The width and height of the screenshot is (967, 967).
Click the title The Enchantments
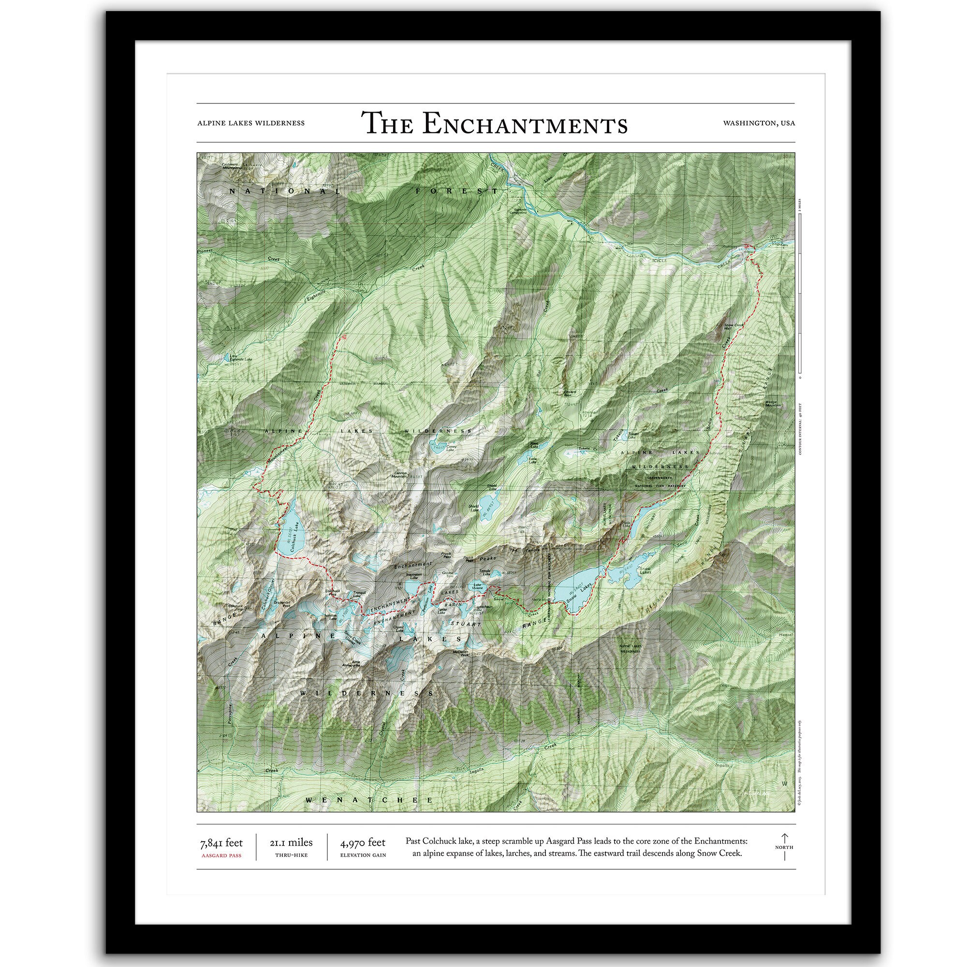[x=494, y=124]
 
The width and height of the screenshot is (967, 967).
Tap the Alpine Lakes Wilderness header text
[x=251, y=123]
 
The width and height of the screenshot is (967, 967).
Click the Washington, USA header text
[x=759, y=123]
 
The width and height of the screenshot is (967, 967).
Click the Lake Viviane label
[x=477, y=586]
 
